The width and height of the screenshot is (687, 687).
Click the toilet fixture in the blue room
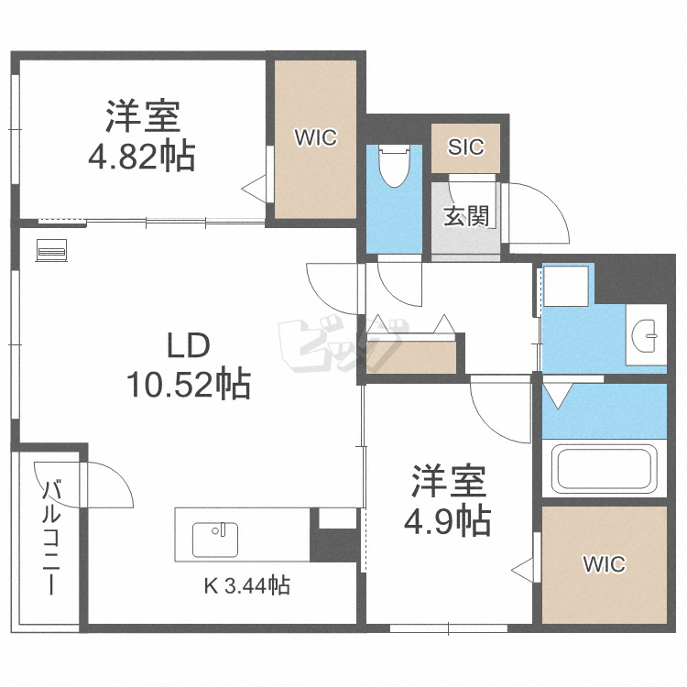point(395,165)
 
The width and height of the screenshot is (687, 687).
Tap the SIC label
point(465,147)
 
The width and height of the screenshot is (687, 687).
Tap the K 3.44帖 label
point(245,585)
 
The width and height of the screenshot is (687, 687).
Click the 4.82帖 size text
point(141,157)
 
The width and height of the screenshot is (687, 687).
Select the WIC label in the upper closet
point(315,138)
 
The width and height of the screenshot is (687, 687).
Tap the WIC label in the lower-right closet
point(604,564)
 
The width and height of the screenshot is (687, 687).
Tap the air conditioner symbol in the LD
point(50,249)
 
